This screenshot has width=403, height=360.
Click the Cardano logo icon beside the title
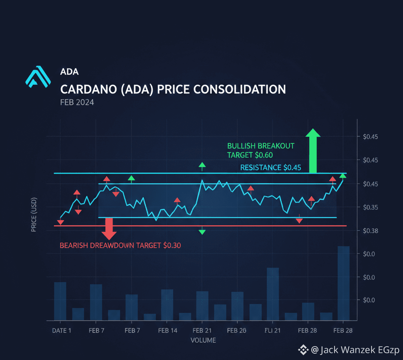(38, 77)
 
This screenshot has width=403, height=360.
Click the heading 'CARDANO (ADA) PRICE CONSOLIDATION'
(173, 89)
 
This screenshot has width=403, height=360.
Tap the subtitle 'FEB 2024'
(77, 102)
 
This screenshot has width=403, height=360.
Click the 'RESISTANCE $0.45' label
(270, 167)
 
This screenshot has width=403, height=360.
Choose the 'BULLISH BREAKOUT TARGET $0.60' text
(261, 150)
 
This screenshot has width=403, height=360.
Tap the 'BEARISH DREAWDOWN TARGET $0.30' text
(120, 245)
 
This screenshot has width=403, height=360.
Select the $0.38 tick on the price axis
(370, 231)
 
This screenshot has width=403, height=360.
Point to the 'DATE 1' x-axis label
(61, 331)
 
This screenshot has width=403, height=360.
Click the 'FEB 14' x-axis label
(168, 331)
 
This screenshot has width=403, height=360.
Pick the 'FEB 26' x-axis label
(237, 331)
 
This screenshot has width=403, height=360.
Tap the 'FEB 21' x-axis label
(202, 331)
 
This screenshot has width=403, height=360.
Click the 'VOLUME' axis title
(203, 340)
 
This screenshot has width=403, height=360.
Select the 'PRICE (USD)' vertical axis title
(34, 214)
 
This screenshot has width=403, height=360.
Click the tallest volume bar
(344, 283)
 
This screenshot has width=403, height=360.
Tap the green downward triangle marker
(202, 232)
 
